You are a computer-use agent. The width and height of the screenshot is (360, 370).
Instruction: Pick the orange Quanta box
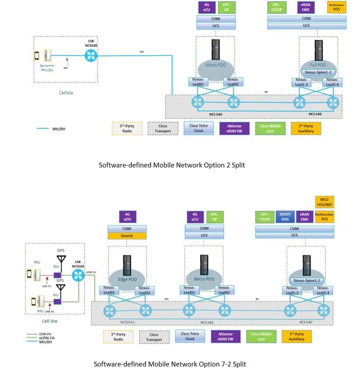point(127,235)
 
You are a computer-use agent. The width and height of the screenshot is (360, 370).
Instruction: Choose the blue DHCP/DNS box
point(285,217)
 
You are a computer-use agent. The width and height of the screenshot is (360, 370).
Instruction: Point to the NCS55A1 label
point(103,322)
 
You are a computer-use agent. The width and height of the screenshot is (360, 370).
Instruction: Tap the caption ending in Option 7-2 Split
point(170,364)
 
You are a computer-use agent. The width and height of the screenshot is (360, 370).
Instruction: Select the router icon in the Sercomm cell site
point(92,55)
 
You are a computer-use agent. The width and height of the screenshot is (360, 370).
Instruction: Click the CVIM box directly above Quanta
point(127,228)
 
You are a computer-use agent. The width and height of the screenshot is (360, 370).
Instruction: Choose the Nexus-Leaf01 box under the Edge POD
point(109,290)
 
